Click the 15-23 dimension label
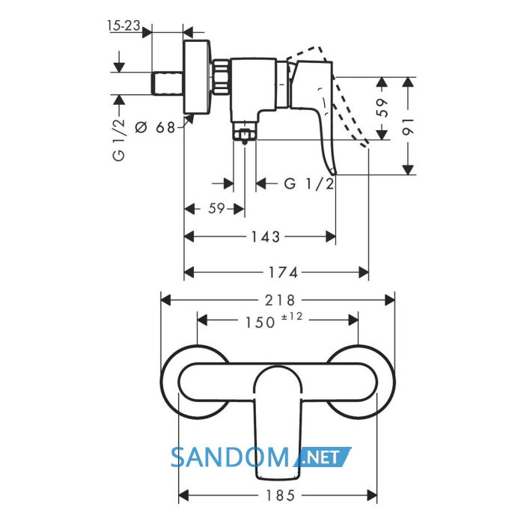coord(124,25)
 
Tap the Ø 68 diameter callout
coord(155,127)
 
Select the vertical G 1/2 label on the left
coord(119,140)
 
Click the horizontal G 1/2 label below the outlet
coord(308,184)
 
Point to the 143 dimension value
coord(265,237)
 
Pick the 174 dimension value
coord(283,272)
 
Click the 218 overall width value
coord(280,300)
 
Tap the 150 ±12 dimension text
coord(274,321)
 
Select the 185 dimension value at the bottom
coord(281,496)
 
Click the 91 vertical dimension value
coord(408,126)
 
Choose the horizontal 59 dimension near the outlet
coord(216,209)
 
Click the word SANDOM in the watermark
coord(230,457)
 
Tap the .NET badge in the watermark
coord(323,457)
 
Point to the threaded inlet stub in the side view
coord(167,83)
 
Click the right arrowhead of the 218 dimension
coord(390,300)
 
